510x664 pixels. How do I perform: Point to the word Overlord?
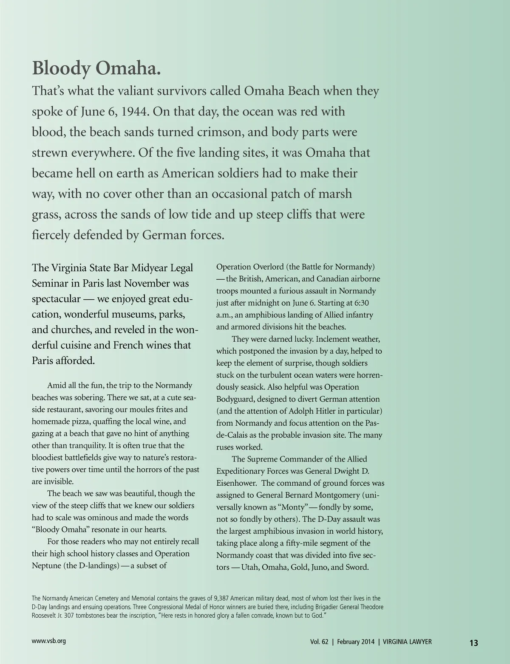tap(268, 267)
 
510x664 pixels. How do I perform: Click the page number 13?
tap(473, 643)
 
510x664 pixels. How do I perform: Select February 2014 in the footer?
tap(356, 642)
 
